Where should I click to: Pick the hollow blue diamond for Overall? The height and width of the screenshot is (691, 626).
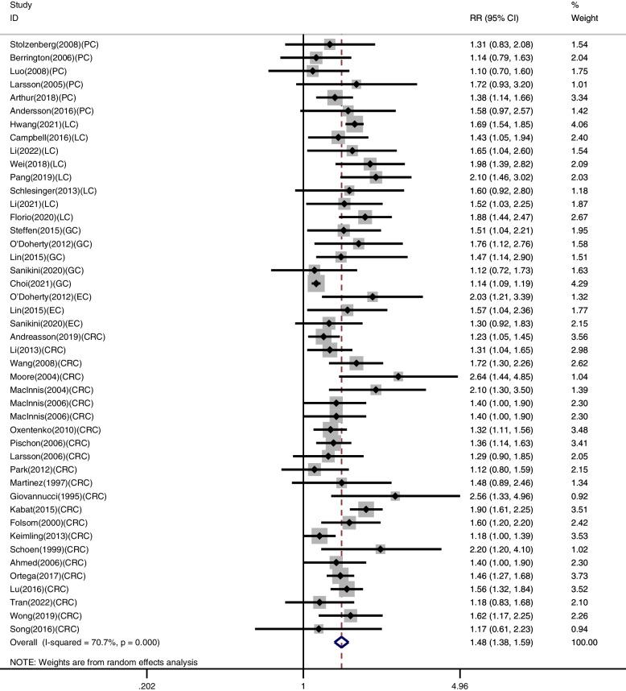341,642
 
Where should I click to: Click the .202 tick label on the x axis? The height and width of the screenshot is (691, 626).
146,685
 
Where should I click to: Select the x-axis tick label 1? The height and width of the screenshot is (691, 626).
303,685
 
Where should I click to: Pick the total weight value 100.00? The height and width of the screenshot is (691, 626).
584,642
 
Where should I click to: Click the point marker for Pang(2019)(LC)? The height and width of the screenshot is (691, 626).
376,177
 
